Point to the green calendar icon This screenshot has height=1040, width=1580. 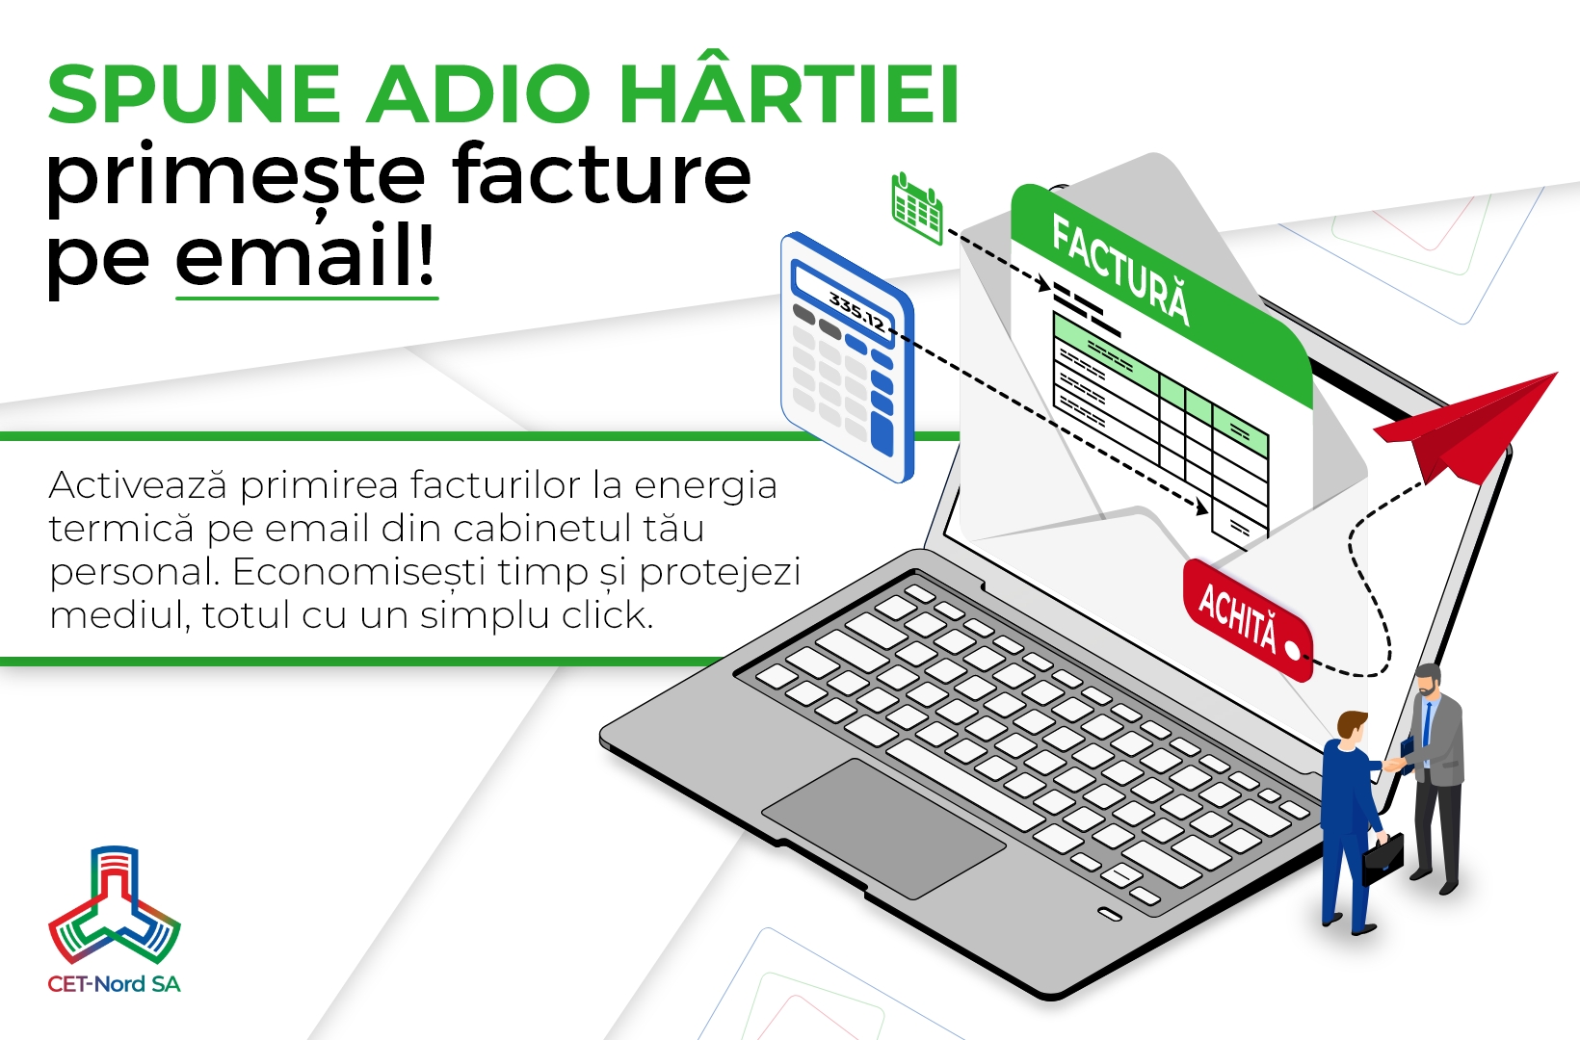[x=917, y=208]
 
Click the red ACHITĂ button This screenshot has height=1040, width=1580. [x=1247, y=619]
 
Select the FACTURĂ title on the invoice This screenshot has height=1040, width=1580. [x=1121, y=270]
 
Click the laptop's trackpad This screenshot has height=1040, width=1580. [x=883, y=828]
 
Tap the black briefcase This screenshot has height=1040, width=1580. [x=1382, y=859]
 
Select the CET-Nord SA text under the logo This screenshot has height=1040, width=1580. [x=115, y=983]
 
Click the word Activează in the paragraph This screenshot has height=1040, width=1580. [x=139, y=485]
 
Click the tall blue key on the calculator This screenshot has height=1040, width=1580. [x=882, y=432]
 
